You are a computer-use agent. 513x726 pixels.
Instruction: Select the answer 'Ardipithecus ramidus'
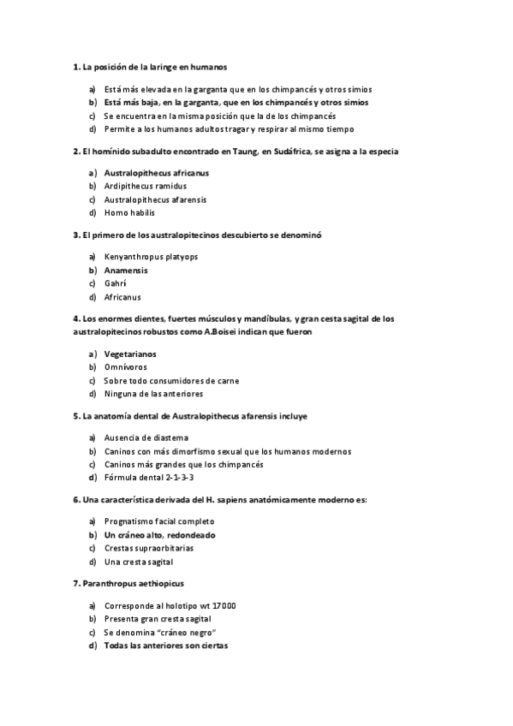[x=145, y=186]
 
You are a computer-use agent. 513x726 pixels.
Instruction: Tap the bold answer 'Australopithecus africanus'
[x=156, y=172]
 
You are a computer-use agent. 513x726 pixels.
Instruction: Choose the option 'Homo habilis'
[x=129, y=212]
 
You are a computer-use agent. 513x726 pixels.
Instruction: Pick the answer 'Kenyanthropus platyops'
[x=151, y=256]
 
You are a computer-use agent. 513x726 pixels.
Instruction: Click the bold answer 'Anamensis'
[x=126, y=270]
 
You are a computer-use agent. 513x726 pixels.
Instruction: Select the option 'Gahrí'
[x=115, y=283]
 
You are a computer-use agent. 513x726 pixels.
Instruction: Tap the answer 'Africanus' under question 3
[x=122, y=297]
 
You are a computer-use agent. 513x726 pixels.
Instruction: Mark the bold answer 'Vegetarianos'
[x=130, y=354]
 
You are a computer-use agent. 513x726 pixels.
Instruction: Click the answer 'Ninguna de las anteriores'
[x=153, y=394]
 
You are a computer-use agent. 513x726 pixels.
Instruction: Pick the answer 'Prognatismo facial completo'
[x=158, y=521]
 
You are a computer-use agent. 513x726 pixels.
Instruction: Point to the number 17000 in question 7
[x=221, y=605]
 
